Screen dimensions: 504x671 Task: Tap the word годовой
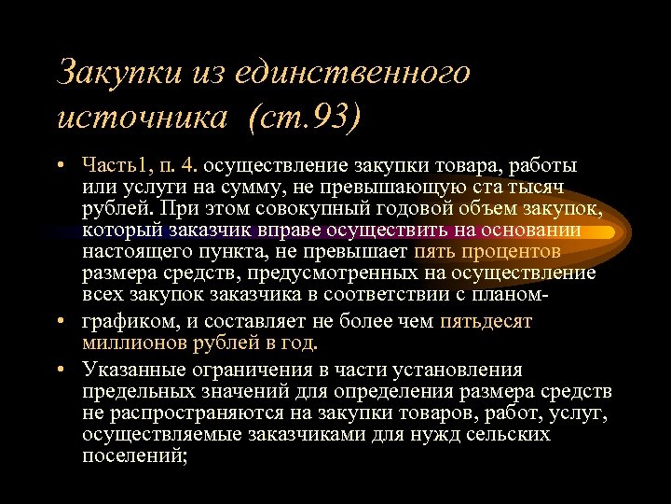[416, 209]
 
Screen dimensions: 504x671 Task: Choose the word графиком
[120, 322]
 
